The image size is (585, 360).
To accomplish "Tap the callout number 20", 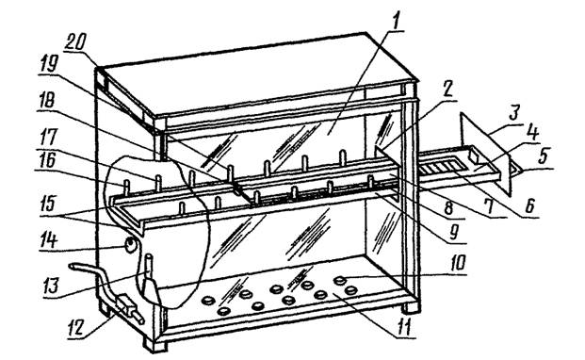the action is click(x=74, y=41).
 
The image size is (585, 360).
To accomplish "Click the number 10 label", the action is click(x=458, y=263).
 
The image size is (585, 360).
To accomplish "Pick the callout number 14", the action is click(x=48, y=240).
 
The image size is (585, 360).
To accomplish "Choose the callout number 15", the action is click(x=47, y=204).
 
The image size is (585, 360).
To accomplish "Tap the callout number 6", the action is click(x=529, y=205).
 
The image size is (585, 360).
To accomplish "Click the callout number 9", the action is click(x=454, y=232).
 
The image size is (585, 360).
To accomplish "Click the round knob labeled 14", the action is click(x=130, y=245).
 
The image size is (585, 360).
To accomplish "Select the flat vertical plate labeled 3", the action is click(x=485, y=153).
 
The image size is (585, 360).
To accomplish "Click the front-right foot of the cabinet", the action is click(x=411, y=307).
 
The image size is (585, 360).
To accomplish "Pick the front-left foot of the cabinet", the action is click(x=154, y=345).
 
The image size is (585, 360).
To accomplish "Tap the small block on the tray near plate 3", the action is click(x=474, y=156).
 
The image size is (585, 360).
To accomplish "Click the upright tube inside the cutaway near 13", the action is click(x=148, y=267).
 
